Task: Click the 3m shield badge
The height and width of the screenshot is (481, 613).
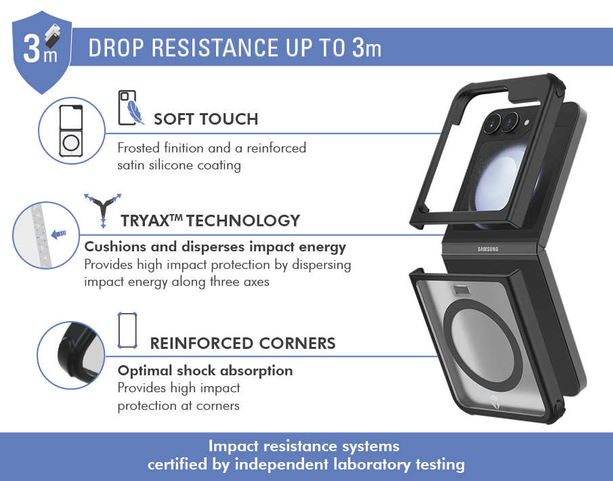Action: click(42, 51)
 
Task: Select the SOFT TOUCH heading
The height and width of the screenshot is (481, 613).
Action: click(206, 119)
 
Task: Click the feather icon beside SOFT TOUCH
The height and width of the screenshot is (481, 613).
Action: click(135, 112)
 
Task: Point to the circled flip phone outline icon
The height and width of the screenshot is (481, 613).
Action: click(71, 131)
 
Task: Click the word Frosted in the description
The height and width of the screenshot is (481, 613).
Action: click(138, 148)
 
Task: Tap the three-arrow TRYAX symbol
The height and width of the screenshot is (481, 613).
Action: click(103, 210)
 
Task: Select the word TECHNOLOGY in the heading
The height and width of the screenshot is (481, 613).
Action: click(243, 221)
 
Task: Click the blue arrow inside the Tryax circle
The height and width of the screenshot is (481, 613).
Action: click(59, 234)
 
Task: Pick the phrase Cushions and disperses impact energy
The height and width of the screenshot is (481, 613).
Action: click(215, 247)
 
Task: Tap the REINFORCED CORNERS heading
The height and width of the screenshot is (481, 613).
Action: click(242, 343)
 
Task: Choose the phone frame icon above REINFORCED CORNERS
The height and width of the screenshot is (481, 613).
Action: click(127, 331)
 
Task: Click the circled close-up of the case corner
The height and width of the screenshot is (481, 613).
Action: click(70, 355)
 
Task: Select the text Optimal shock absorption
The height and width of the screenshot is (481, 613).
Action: click(205, 371)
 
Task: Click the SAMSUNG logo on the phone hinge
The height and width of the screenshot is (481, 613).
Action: click(488, 249)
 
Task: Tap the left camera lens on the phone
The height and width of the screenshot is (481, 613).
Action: click(493, 123)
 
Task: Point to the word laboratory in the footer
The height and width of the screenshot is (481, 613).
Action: click(372, 464)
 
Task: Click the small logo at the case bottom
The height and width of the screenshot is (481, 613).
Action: click(493, 402)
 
